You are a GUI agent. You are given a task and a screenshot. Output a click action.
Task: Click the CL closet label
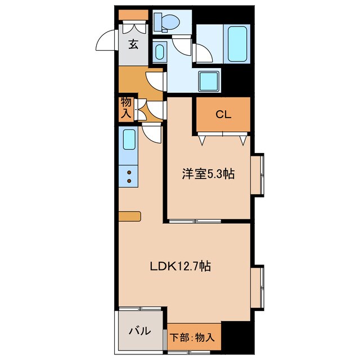(x=223, y=115)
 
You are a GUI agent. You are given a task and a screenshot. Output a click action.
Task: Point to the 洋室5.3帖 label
(x=208, y=174)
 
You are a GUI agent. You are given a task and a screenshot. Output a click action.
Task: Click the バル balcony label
(x=141, y=331)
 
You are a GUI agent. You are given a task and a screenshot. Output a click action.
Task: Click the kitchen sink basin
(x=129, y=139)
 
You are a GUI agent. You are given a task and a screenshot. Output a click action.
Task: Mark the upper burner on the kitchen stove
(x=129, y=173)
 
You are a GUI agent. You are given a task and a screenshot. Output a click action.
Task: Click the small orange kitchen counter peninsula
(x=130, y=216)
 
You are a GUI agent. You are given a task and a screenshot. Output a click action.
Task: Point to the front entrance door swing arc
(x=107, y=40)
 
